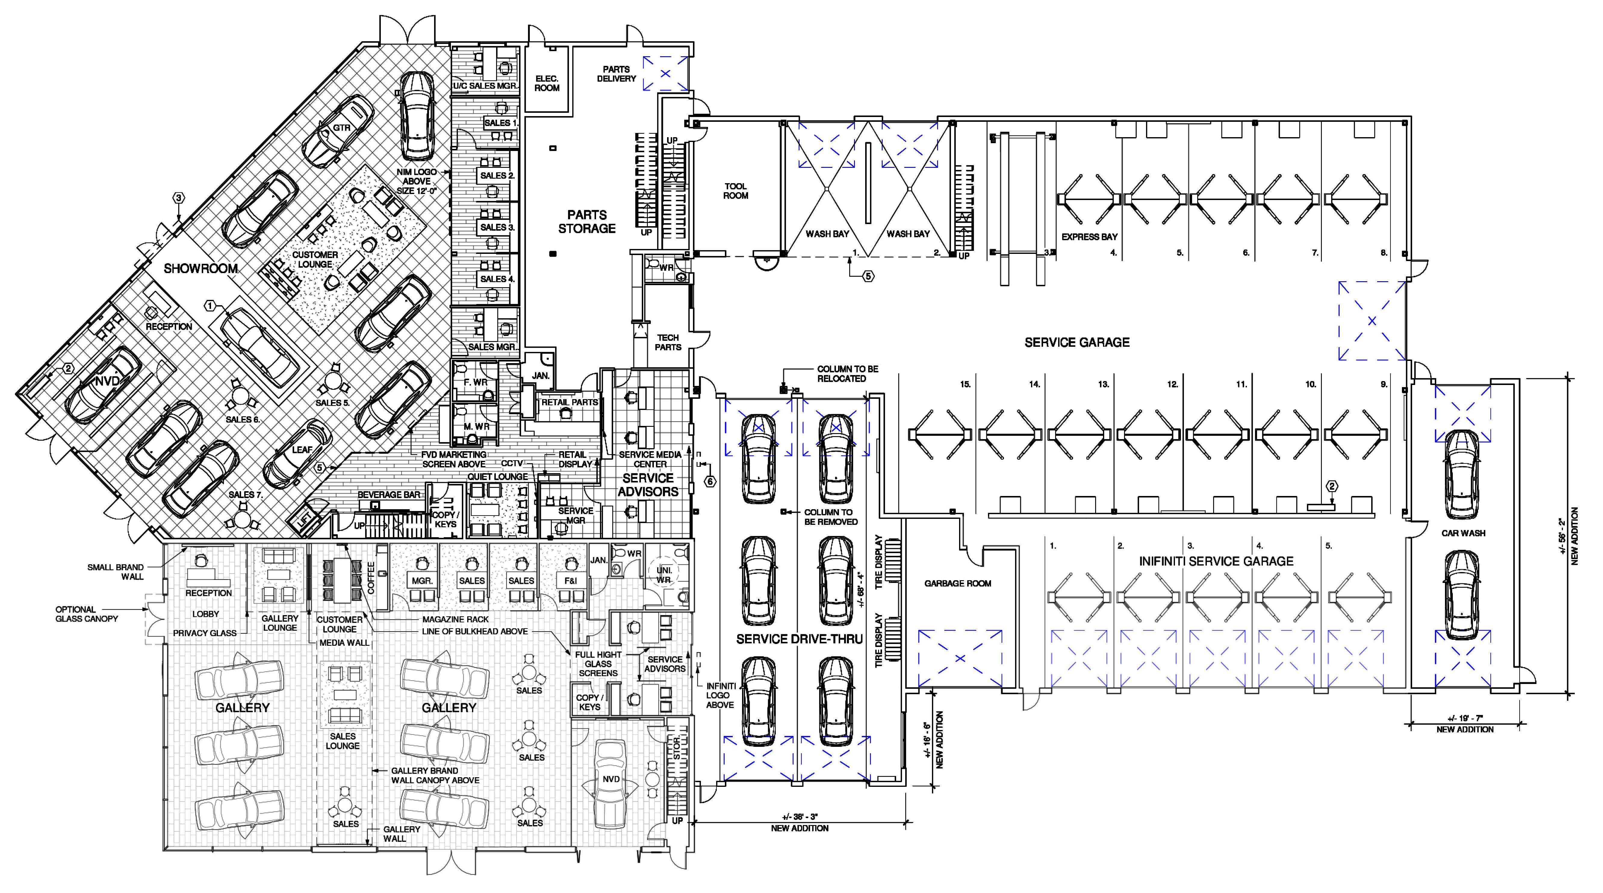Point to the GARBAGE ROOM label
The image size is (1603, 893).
958,583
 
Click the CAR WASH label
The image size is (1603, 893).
1463,533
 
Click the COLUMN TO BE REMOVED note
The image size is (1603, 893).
831,517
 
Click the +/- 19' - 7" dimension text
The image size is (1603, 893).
1465,719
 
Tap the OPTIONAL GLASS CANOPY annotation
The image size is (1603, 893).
86,614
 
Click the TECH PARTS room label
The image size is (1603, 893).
668,342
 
